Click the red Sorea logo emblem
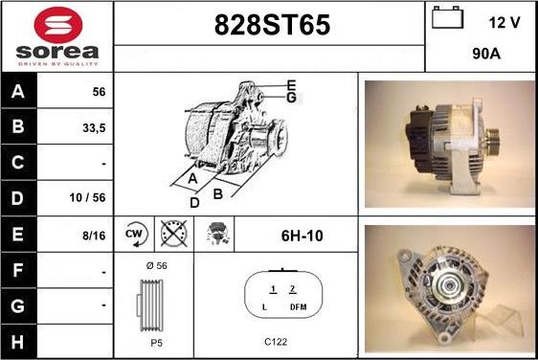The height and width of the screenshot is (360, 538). (58, 25)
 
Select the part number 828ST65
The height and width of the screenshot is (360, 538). (272, 25)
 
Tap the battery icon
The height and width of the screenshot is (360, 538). (447, 17)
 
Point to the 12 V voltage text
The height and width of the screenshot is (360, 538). (504, 23)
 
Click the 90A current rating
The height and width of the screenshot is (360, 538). (486, 54)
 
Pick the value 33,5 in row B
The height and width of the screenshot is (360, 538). (94, 128)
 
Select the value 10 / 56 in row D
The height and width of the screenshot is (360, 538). (87, 197)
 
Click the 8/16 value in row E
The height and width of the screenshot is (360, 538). (94, 236)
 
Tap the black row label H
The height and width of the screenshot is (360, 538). (18, 342)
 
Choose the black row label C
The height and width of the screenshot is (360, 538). (18, 162)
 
